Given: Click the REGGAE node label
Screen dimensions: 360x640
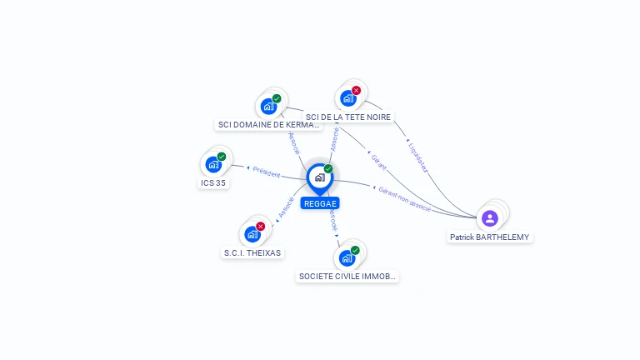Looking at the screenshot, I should point(321,202).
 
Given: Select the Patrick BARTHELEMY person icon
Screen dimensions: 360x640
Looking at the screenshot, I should point(490,218).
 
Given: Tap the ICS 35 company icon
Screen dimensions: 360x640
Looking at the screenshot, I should point(213,164).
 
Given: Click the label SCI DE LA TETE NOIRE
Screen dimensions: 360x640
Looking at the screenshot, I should point(348,117).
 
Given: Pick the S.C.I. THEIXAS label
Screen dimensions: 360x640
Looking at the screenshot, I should point(252,252).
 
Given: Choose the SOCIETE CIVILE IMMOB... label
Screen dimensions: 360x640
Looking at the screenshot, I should point(347,276).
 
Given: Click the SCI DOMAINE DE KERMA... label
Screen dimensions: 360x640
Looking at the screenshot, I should point(268,125).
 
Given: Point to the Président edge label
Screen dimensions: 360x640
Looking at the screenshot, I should point(267,172).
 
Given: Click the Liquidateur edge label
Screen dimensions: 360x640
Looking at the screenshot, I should point(419,156).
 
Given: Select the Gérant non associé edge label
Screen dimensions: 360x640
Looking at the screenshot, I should point(405,198).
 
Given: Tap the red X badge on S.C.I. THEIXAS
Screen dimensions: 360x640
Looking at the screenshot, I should point(261,227).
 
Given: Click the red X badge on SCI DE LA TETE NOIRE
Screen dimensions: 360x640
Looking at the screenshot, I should point(357,90).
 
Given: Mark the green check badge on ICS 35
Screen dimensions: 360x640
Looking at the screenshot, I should point(222,157).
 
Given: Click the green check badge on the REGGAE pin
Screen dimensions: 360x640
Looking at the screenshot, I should point(328,169).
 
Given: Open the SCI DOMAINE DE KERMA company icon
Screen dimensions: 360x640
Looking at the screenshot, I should point(268,106).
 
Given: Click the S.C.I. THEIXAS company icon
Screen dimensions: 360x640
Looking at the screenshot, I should point(252,234).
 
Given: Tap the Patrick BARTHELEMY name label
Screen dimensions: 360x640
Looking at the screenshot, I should point(490,237).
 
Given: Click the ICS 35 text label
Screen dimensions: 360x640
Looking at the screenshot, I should point(213,182).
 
